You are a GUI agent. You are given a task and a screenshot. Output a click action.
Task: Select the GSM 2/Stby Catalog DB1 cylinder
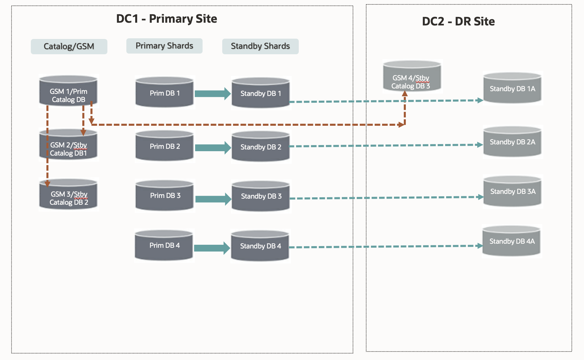pos(68,145)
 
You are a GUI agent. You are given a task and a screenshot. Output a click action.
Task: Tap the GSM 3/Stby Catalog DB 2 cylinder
pos(68,195)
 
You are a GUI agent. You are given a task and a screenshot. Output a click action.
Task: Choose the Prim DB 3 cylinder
pos(165,196)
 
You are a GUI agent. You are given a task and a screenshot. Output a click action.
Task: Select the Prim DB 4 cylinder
pos(164,245)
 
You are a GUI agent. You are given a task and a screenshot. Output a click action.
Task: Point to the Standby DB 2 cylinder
pos(260,147)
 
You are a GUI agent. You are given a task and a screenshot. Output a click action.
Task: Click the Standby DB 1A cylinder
pos(512,88)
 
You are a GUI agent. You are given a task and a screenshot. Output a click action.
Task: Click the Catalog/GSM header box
pos(69,46)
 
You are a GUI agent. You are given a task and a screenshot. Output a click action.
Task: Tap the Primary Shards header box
pos(164,46)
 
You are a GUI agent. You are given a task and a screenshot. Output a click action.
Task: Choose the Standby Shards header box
pos(260,46)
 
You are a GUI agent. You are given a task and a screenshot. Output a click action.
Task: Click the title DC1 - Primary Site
pos(166,19)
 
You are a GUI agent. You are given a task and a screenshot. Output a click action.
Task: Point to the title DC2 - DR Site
pos(458,21)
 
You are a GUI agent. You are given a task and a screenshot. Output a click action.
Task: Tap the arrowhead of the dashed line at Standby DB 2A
pos(480,145)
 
